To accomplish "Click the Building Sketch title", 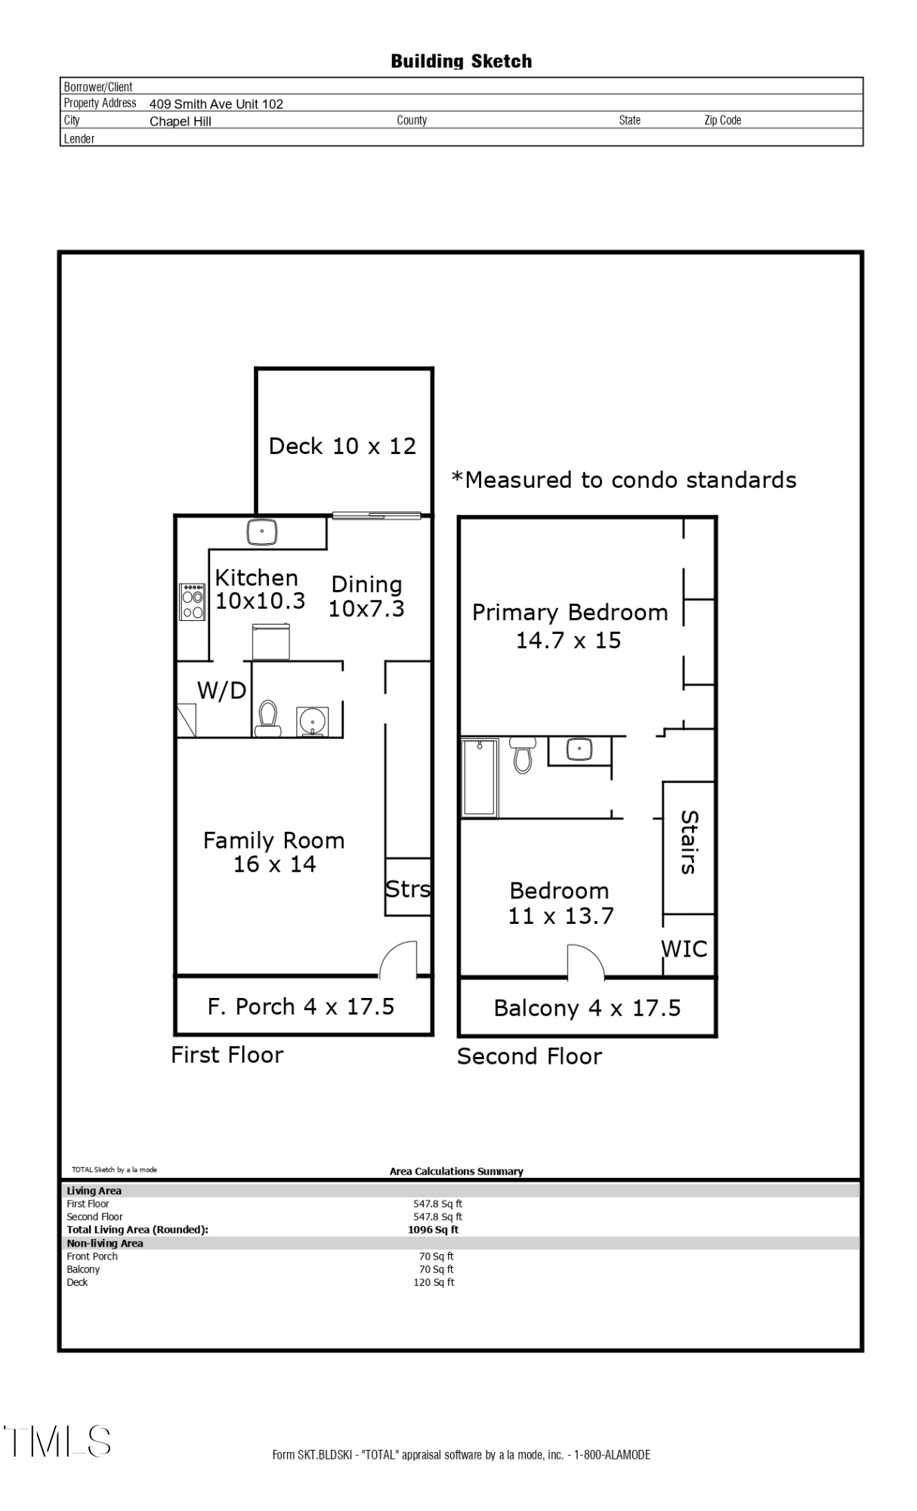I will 461,61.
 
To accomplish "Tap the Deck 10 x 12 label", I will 342,446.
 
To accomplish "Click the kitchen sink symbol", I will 262,532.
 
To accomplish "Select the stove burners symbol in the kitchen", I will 193,601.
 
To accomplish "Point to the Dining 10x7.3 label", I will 366,596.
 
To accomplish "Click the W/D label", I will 221,690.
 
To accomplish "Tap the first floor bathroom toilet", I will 267,718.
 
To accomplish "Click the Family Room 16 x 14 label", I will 273,852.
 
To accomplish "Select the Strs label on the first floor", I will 408,888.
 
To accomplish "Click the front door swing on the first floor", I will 399,959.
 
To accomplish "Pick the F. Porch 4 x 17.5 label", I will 301,1006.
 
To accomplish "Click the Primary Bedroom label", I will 570,612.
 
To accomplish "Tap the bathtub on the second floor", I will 480,777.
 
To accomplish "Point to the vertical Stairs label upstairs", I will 688,842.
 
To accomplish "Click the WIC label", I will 684,949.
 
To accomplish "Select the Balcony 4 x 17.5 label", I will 587,1008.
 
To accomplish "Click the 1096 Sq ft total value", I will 433,1229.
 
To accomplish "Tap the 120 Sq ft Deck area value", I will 434,1282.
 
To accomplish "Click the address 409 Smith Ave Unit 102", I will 216,104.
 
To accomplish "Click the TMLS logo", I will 57,1441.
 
